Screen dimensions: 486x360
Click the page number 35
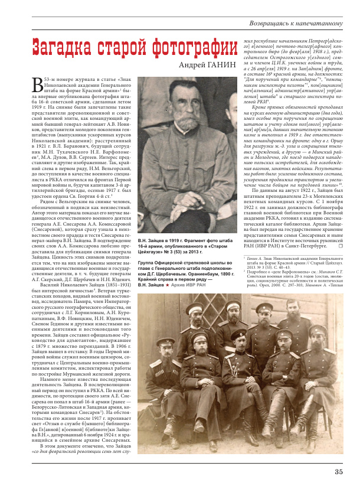point(338,471)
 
